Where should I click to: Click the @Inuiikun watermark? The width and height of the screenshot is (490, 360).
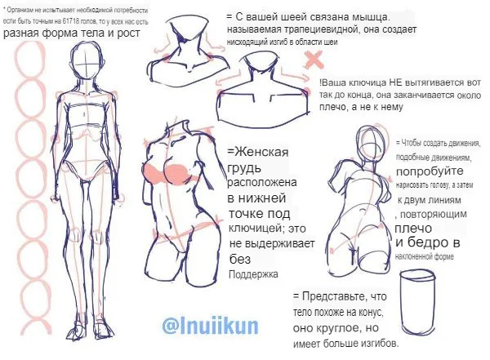click(x=211, y=327)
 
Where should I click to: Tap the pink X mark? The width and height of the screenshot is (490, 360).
click(x=314, y=60)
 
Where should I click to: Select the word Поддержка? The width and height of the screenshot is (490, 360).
click(x=253, y=274)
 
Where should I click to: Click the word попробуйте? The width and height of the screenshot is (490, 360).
click(x=430, y=171)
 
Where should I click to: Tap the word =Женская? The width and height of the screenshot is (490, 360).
click(x=258, y=152)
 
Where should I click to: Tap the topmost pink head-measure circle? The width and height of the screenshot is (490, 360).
click(x=30, y=60)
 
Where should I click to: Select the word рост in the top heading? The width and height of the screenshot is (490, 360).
click(x=128, y=33)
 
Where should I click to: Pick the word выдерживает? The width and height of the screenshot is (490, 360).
click(x=272, y=243)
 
